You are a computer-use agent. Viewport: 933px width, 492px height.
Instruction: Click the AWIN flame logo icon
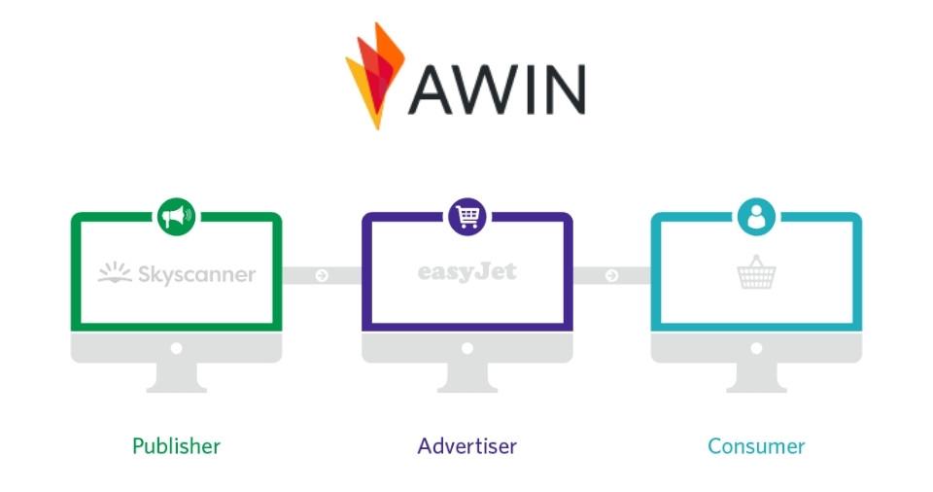[x=374, y=75]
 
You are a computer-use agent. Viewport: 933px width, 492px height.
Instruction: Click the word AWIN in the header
[x=497, y=88]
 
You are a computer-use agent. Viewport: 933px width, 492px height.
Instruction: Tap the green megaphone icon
[x=177, y=216]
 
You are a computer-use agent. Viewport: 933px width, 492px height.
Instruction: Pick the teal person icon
[x=756, y=216]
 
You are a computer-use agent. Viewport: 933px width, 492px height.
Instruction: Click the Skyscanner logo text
[x=195, y=275]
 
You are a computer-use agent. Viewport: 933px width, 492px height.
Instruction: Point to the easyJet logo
[x=467, y=271]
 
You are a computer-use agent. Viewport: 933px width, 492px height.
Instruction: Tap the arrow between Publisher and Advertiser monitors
[x=322, y=276]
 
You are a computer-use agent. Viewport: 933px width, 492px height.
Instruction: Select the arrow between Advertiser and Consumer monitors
[x=611, y=276]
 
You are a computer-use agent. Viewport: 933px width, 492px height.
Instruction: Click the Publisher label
[x=177, y=446]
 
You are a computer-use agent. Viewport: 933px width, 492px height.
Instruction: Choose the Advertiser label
[x=467, y=446]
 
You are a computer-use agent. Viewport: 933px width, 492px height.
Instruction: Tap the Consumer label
[x=756, y=446]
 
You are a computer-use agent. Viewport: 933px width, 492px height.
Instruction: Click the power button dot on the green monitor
[x=177, y=347]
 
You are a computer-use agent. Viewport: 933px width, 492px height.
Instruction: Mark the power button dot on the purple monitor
[x=467, y=347]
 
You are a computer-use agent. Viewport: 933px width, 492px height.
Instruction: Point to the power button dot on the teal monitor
[x=756, y=347]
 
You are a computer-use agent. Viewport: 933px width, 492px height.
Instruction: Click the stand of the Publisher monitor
[x=177, y=377]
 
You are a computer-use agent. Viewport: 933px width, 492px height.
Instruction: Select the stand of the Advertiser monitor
[x=467, y=377]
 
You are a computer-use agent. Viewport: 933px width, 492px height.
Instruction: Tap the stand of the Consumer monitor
[x=756, y=377]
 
